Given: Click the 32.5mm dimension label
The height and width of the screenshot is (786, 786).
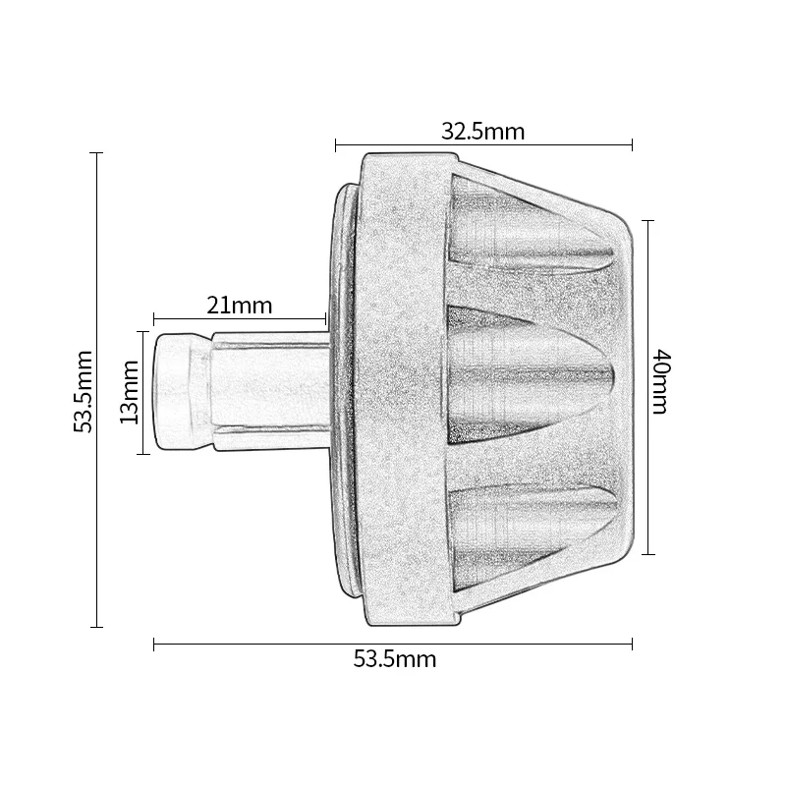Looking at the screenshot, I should coord(482,132).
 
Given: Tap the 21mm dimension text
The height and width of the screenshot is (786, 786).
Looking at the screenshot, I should coord(239,305).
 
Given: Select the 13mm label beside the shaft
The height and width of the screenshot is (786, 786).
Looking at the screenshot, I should coord(127,392).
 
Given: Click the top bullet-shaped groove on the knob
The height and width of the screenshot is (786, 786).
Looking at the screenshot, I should coord(531,236).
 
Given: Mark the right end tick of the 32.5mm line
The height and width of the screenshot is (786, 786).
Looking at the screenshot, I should coord(632,145).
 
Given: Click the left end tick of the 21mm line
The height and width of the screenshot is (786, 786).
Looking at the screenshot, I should coord(154,317).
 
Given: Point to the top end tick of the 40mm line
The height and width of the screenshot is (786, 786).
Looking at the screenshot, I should coord(647,220).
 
